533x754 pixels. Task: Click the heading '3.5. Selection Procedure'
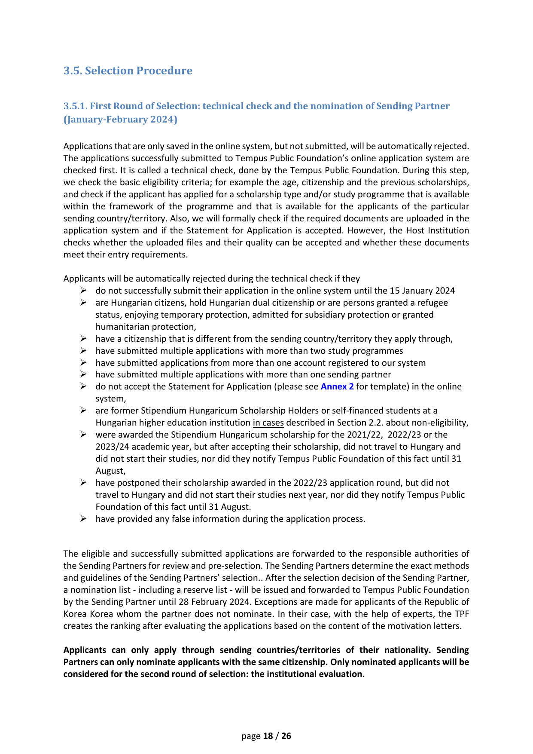(x=128, y=70)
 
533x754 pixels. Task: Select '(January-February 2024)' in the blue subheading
(x=120, y=120)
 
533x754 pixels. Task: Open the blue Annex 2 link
(x=337, y=386)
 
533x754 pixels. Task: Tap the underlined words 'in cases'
(x=268, y=423)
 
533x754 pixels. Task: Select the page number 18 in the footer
(x=268, y=736)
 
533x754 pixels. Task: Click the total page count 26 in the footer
(x=286, y=736)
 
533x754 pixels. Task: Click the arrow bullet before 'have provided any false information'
(x=83, y=519)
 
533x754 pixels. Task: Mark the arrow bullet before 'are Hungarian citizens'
(x=83, y=303)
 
